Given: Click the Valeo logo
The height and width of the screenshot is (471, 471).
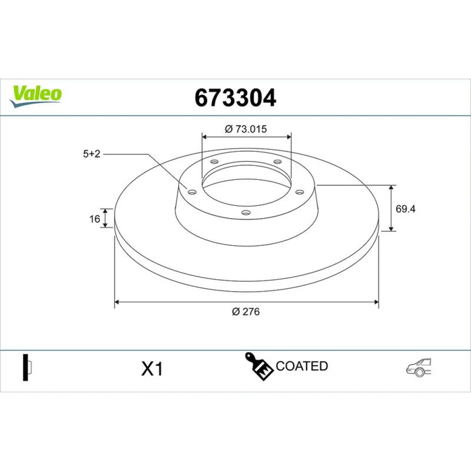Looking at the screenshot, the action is (x=36, y=96).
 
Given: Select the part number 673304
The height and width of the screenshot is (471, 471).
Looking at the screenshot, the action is (x=235, y=97).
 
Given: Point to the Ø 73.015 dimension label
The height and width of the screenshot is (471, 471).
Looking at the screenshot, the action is (x=246, y=129).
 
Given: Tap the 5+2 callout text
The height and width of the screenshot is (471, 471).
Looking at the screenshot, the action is (x=92, y=154).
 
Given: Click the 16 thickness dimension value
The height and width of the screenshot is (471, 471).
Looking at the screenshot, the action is (x=94, y=219).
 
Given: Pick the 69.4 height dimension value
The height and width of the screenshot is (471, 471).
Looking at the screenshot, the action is (x=406, y=209).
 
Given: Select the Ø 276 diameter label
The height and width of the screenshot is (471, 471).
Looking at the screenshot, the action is (x=246, y=311).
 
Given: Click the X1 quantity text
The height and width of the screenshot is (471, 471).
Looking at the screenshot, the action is (x=152, y=369).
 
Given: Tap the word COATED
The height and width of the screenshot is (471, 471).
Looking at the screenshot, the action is (x=301, y=366).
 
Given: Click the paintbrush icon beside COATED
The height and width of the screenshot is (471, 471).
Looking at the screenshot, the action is (x=259, y=366).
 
